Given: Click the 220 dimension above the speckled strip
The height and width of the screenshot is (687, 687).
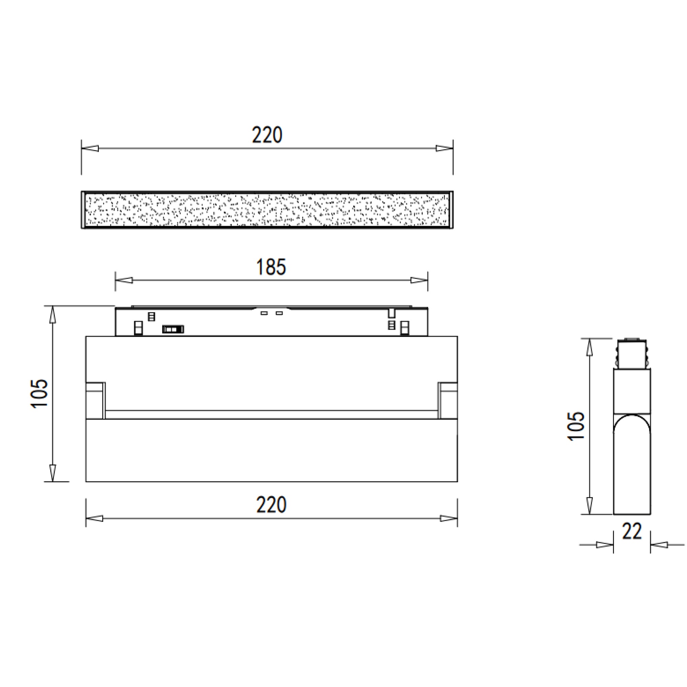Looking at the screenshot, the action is click(x=267, y=135).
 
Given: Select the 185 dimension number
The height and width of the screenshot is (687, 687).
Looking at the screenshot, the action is click(x=271, y=267).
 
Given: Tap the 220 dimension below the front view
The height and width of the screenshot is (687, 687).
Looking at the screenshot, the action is click(x=271, y=505).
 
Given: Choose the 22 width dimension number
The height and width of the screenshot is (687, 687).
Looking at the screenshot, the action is click(x=632, y=531).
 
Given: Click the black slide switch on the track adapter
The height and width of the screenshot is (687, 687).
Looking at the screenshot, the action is click(x=173, y=329).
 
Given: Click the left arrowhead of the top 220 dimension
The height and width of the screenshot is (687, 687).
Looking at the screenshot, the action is click(x=90, y=148).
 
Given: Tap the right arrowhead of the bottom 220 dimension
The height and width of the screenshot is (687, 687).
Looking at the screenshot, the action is click(x=449, y=518).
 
